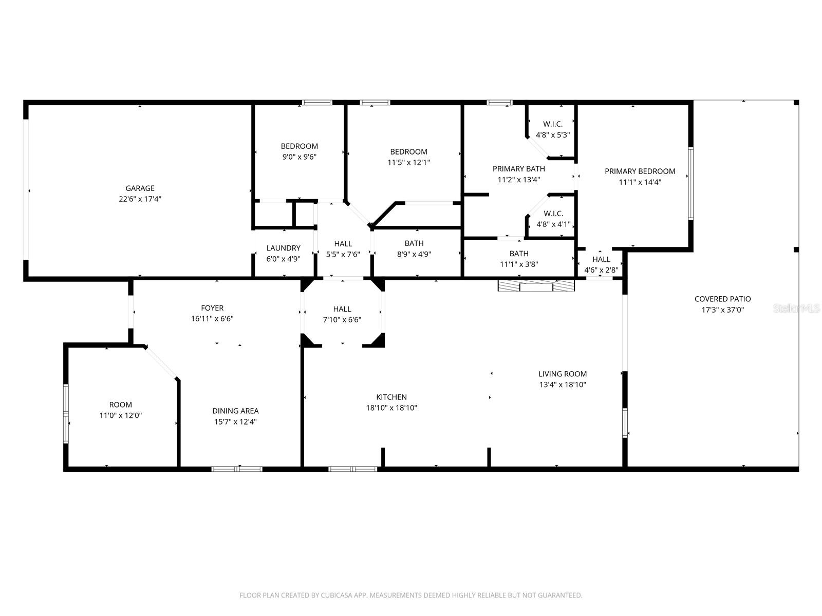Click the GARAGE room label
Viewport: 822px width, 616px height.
pyautogui.click(x=140, y=188)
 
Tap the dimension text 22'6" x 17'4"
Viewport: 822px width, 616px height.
pyautogui.click(x=140, y=199)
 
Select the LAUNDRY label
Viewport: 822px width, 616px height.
pyautogui.click(x=283, y=248)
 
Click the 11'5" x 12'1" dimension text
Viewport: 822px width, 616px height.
pyautogui.click(x=408, y=163)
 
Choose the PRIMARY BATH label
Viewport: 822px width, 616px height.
pyautogui.click(x=518, y=168)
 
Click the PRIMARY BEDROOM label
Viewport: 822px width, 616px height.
pyautogui.click(x=640, y=171)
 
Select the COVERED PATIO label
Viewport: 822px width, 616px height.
pyautogui.click(x=722, y=299)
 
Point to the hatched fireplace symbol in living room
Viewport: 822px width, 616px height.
pyautogui.click(x=536, y=286)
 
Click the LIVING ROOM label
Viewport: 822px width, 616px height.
pyautogui.click(x=563, y=374)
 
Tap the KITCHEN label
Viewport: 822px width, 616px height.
pyautogui.click(x=391, y=397)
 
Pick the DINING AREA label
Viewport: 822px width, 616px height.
pyautogui.click(x=235, y=411)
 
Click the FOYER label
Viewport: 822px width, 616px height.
pyautogui.click(x=212, y=308)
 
